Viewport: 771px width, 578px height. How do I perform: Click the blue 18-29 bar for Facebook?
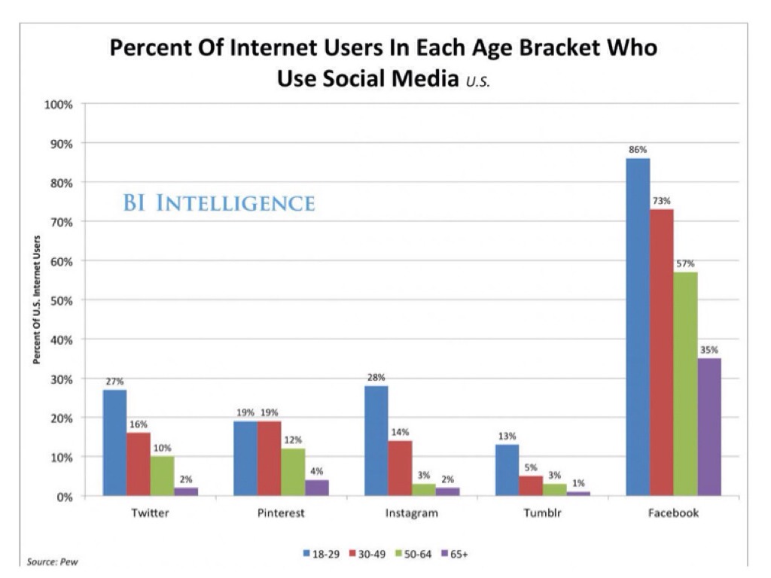pos(637,327)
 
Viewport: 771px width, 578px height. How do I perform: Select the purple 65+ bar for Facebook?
pos(709,427)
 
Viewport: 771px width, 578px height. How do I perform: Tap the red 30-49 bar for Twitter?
pos(139,464)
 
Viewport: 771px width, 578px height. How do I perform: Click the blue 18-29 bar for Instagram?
pos(376,440)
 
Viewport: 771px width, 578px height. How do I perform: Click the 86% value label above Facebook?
pos(638,151)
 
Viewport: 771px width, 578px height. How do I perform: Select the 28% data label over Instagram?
pos(376,378)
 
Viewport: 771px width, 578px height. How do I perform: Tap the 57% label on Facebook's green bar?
pos(685,264)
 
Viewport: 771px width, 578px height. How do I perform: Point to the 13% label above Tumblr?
pos(507,437)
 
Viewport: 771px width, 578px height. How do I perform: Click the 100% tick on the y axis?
pos(57,105)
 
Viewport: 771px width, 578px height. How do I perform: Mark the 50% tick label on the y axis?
pos(59,300)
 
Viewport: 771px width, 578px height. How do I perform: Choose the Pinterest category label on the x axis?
pos(281,514)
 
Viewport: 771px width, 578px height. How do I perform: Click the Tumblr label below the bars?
pos(542,514)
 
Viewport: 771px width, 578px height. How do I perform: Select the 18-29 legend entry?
pos(322,554)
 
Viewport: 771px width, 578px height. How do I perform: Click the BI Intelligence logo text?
pos(218,203)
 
